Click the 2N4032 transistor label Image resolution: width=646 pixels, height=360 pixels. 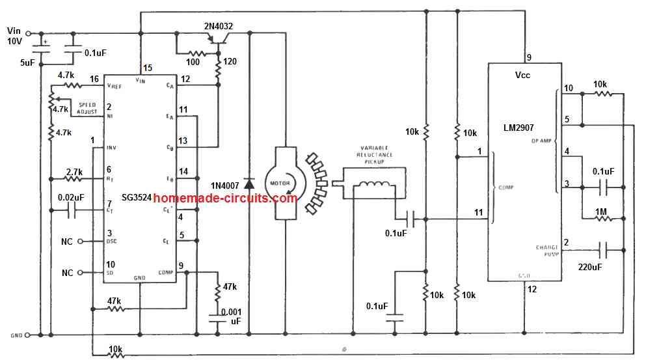coord(209,27)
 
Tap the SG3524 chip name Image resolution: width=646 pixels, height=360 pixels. coord(136,197)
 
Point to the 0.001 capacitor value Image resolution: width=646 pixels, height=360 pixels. coord(231,311)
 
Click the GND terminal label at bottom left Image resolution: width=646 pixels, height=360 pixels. coord(17,336)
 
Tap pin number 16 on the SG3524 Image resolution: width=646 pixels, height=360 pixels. coord(95,79)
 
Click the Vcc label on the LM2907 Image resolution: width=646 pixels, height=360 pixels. coord(524,75)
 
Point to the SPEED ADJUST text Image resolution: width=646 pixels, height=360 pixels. coord(88,108)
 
